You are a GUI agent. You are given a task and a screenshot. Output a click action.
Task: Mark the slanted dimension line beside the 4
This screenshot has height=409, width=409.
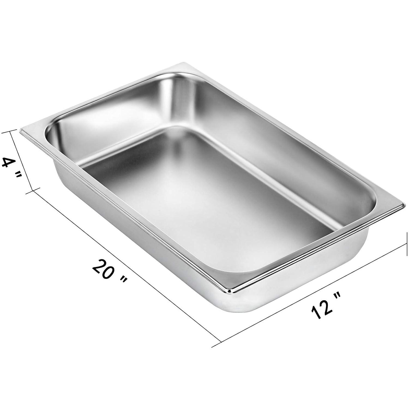point(22,161)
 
